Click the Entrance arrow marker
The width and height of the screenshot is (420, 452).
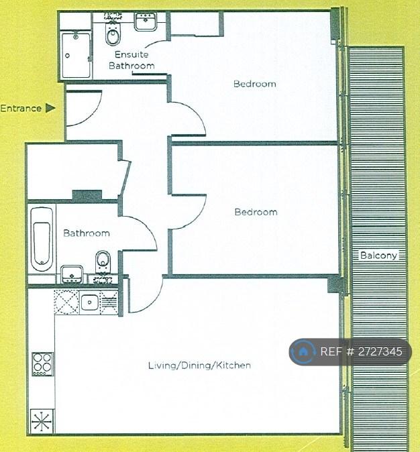pyautogui.click(x=50, y=108)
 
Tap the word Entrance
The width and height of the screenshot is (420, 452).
pyautogui.click(x=21, y=109)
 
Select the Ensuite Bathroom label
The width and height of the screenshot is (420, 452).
pyautogui.click(x=132, y=60)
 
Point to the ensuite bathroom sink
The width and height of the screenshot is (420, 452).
pyautogui.click(x=146, y=21)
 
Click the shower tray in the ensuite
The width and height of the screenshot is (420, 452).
pyautogui.click(x=76, y=55)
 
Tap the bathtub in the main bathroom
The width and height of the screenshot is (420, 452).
pyautogui.click(x=42, y=239)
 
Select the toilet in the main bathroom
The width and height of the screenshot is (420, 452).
pyautogui.click(x=103, y=261)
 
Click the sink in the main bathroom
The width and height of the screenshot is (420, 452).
pyautogui.click(x=72, y=274)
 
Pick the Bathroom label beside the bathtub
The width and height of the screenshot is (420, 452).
pyautogui.click(x=87, y=233)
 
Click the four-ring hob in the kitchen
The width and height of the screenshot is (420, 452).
pyautogui.click(x=43, y=363)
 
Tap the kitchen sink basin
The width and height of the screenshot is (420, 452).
pyautogui.click(x=89, y=302)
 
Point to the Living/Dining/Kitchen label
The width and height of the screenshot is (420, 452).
pyautogui.click(x=199, y=365)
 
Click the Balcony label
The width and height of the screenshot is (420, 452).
pyautogui.click(x=378, y=255)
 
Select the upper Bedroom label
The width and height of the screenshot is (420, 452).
pyautogui.click(x=255, y=84)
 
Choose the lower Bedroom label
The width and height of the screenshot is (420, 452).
pyautogui.click(x=256, y=212)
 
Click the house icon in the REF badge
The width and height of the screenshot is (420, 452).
pyautogui.click(x=303, y=351)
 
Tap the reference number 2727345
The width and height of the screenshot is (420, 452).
pyautogui.click(x=380, y=351)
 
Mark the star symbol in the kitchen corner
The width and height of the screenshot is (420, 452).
pyautogui.click(x=42, y=421)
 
